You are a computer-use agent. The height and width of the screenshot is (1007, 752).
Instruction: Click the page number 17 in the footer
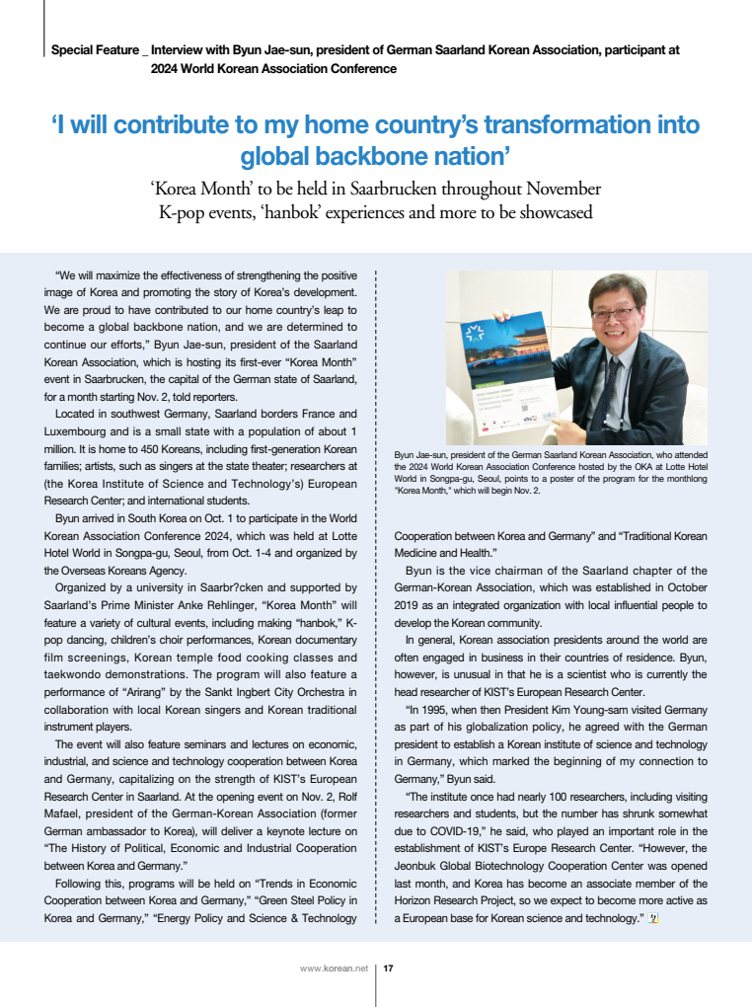[x=389, y=968]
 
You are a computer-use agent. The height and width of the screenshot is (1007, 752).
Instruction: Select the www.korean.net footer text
[x=333, y=968]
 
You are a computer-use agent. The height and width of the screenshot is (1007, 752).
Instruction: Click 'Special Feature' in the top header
[x=93, y=49]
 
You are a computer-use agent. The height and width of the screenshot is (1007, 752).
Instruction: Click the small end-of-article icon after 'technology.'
[x=653, y=918]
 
